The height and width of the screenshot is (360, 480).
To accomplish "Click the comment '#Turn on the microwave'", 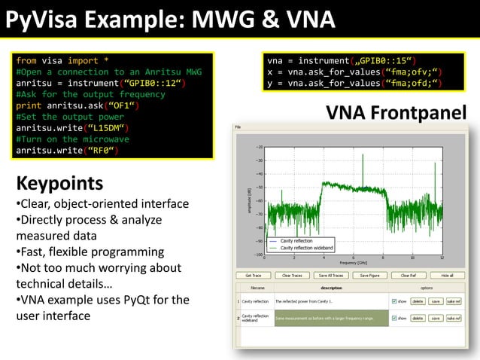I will coord(72,139).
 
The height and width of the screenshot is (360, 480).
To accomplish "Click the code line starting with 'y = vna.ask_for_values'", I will coord(351,83).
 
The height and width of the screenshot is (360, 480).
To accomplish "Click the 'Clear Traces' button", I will coord(291,276).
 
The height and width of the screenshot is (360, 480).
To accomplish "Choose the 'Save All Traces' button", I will coord(330,276).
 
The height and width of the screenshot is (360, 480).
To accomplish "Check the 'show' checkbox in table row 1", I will coord(394,301).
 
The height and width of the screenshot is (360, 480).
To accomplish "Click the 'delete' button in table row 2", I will coord(418,319).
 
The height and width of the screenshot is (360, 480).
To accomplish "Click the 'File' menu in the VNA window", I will coord(238,127).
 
